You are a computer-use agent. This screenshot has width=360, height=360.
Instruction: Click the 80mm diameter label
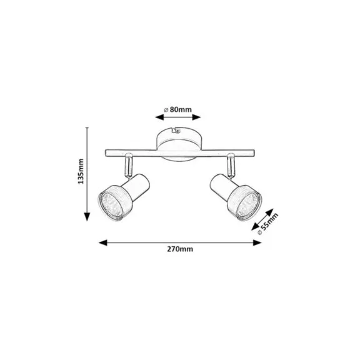(178, 110)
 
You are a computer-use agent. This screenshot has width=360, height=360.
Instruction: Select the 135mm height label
(81, 171)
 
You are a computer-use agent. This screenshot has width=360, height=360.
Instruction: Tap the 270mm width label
(180, 249)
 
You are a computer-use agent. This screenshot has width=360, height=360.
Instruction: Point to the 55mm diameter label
(268, 224)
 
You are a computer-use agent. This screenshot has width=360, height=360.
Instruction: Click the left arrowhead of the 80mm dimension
(159, 117)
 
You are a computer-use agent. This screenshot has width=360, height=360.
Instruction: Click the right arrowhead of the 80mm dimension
(196, 117)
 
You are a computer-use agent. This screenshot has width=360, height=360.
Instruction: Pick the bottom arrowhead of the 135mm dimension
(87, 217)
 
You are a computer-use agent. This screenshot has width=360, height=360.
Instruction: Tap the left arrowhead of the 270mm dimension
(103, 242)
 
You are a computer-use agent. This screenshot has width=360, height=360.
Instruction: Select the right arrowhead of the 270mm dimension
(257, 242)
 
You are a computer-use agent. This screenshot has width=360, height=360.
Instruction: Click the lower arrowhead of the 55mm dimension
(255, 227)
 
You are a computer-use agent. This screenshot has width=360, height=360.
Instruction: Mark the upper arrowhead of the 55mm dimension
(270, 212)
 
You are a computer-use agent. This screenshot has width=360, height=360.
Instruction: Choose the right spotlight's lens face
(249, 204)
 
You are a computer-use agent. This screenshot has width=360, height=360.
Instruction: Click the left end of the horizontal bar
(106, 153)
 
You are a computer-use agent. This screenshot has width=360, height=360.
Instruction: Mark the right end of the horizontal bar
(254, 153)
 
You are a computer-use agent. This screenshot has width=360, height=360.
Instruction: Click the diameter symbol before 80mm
(166, 110)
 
